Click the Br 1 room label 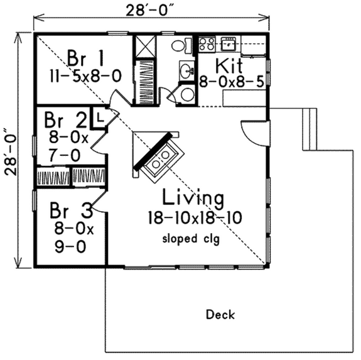(85, 58)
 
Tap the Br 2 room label (65, 119)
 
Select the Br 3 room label (71, 210)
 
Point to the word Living (193, 197)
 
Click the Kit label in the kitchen (229, 65)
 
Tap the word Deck (220, 315)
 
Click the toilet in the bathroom (181, 46)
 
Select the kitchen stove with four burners (207, 44)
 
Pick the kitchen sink (228, 44)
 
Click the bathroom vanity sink (186, 70)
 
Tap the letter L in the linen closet (99, 117)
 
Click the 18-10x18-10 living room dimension (195, 217)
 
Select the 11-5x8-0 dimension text (85, 76)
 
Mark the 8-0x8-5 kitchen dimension (232, 82)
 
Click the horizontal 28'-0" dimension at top (150, 11)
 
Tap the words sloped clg (191, 239)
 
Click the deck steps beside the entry (310, 129)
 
